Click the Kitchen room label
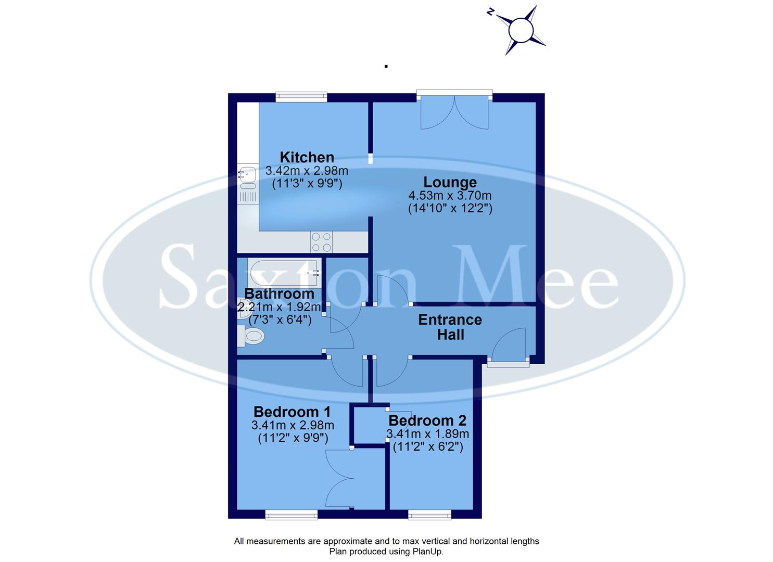point(307,157)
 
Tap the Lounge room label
point(450,183)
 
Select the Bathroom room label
point(279,293)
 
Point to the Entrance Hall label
point(450,327)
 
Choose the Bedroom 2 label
point(427,420)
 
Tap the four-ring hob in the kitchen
point(321,242)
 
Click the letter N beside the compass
point(490,12)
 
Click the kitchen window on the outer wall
point(301,96)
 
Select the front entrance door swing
point(509,346)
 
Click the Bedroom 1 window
point(291,515)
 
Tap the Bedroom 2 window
point(429,515)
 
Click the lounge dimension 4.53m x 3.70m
point(450,196)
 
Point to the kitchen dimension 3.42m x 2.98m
point(307,171)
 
